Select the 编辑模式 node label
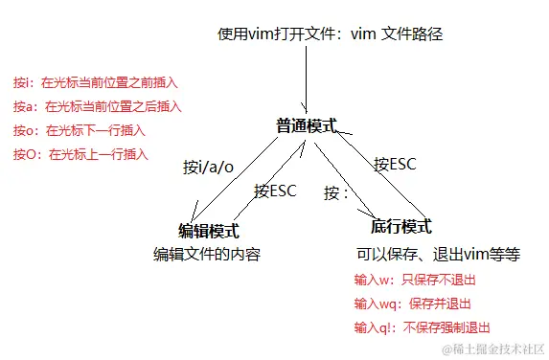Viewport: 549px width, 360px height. tap(209, 231)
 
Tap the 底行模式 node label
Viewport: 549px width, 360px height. tap(401, 226)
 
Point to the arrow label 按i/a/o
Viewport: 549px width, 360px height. tap(208, 167)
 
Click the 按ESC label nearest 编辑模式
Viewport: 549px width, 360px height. tap(276, 190)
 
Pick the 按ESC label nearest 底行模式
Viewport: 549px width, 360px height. tap(394, 164)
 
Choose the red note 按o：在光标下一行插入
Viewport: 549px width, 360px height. tap(81, 130)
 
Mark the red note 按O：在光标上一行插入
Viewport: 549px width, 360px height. tap(81, 153)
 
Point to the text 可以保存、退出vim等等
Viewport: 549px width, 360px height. tap(438, 255)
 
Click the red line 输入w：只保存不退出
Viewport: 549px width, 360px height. tap(414, 281)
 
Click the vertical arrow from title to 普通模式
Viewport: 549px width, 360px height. tap(306, 77)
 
